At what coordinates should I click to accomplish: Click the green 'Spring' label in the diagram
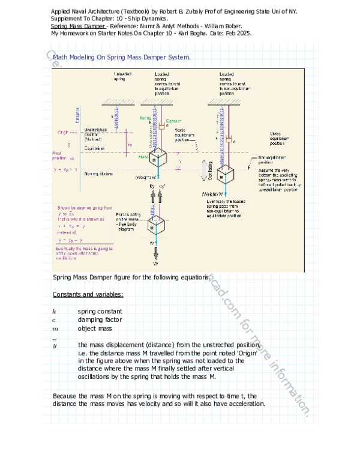tap(145, 118)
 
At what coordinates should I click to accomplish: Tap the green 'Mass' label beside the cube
tap(143, 157)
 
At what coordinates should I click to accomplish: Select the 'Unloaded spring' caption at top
tap(120, 76)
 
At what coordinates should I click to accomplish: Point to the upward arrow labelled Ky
tap(152, 198)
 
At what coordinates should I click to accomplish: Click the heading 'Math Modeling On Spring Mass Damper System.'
tap(122, 58)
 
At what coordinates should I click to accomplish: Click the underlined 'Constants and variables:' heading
tap(88, 294)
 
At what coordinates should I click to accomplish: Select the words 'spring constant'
tap(100, 312)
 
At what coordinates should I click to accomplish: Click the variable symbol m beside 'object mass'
tap(55, 329)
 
